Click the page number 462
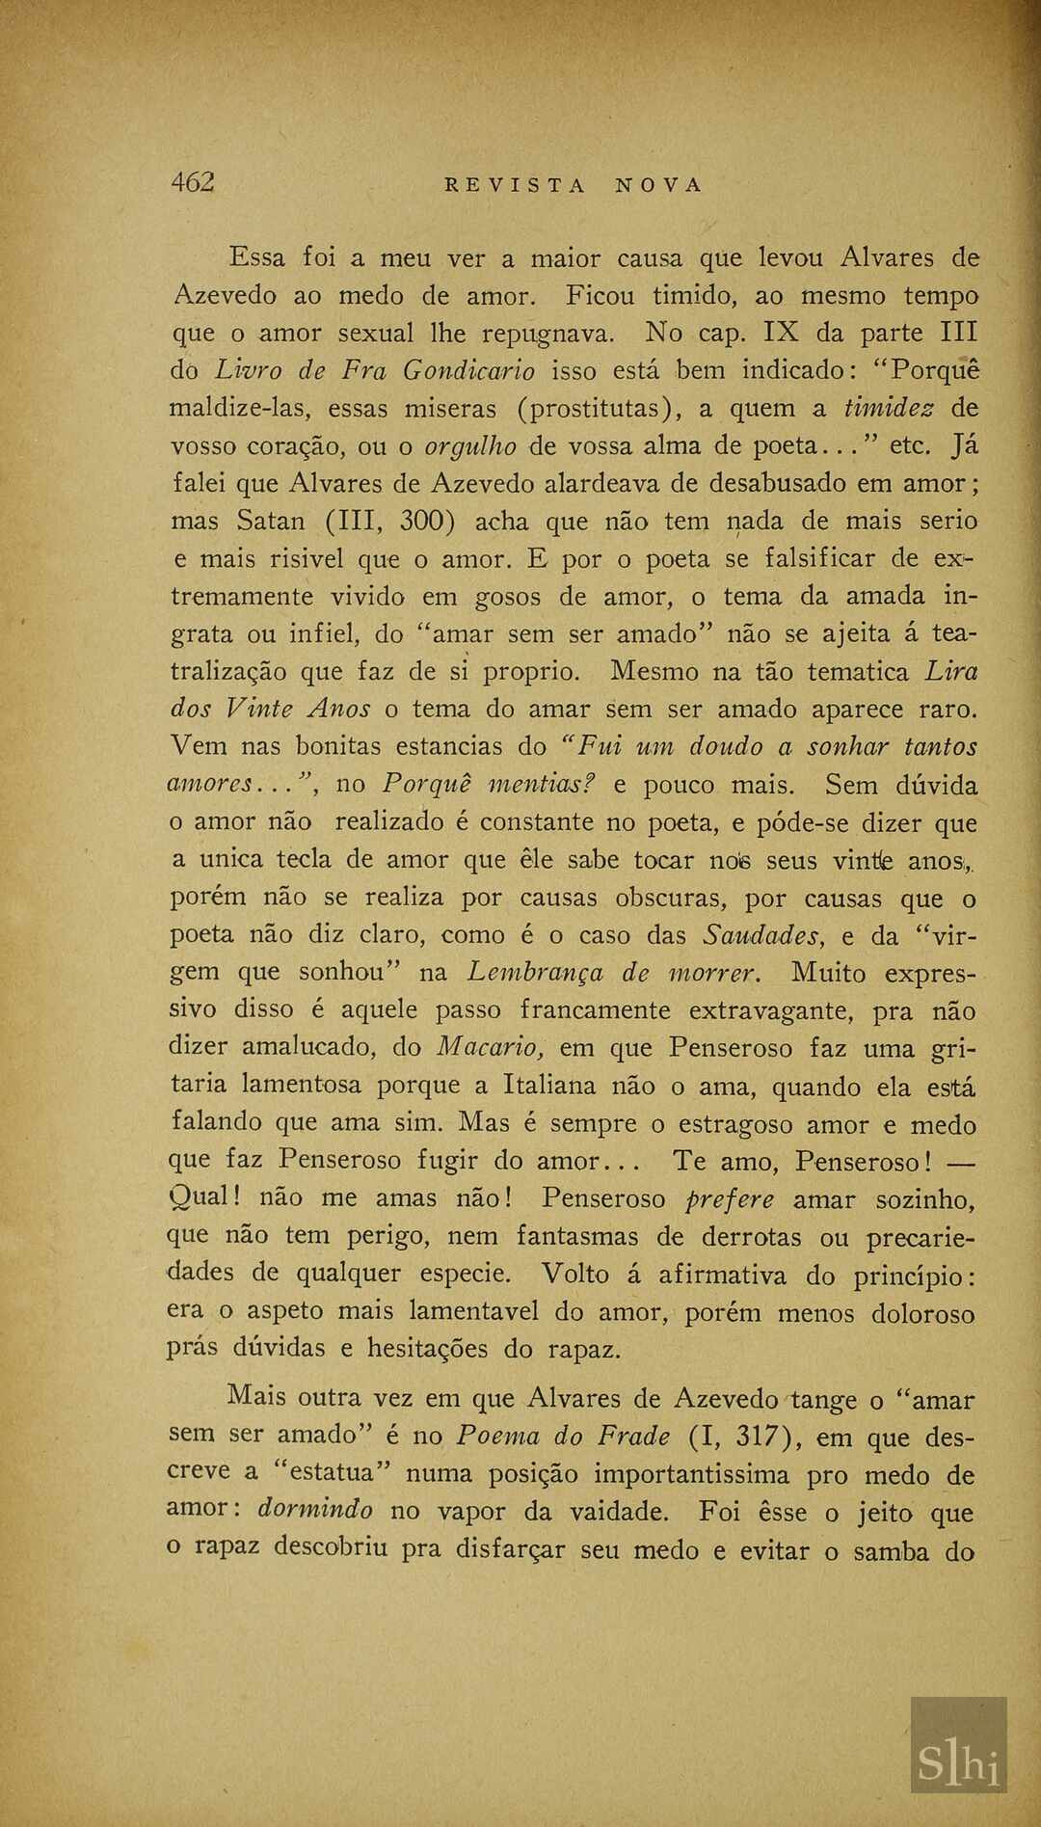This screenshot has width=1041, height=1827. pyautogui.click(x=193, y=181)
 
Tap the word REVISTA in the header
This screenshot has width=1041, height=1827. pyautogui.click(x=515, y=185)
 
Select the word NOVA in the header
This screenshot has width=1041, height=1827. pyautogui.click(x=660, y=185)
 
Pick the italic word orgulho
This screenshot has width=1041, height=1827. pyautogui.click(x=470, y=446)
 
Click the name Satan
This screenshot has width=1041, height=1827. pyautogui.click(x=271, y=522)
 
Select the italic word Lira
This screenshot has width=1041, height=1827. pyautogui.click(x=951, y=672)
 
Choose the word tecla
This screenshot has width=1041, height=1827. pyautogui.click(x=304, y=859)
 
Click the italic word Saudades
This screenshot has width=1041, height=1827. pyautogui.click(x=761, y=934)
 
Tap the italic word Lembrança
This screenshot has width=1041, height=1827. pyautogui.click(x=536, y=972)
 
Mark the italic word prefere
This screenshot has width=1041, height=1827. pyautogui.click(x=730, y=1199)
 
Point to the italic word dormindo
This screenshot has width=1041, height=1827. pyautogui.click(x=314, y=1511)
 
